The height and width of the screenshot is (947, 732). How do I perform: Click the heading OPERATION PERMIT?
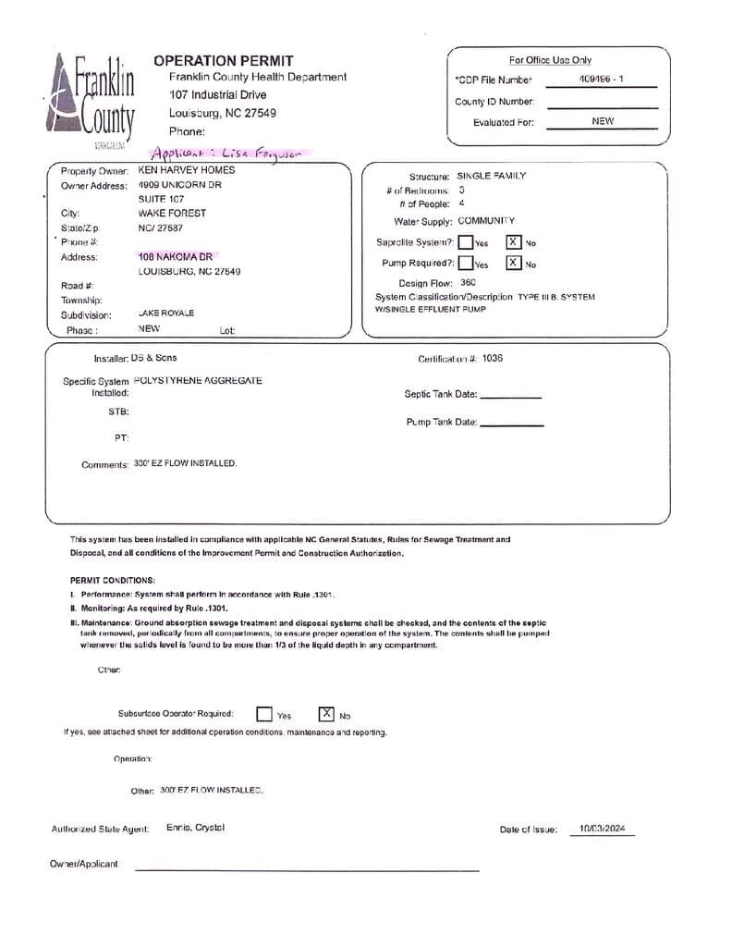223,61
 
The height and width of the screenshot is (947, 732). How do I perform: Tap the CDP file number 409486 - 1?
601,80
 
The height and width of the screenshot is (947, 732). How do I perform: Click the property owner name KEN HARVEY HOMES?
186,170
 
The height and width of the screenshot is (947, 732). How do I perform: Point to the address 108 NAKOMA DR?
175,256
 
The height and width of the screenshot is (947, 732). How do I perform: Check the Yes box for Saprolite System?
466,242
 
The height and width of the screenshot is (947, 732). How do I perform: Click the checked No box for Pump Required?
513,263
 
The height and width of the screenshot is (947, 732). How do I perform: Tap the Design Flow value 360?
468,283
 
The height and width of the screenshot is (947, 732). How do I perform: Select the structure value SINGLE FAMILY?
492,176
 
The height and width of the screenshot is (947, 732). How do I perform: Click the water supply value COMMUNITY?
486,221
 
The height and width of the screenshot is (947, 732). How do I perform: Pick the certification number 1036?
493,358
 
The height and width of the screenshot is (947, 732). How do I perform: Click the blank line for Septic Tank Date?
510,396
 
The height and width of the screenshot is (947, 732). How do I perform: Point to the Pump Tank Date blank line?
512,424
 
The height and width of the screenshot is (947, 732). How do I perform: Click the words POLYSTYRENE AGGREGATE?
198,380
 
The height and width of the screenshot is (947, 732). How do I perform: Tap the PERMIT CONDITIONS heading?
113,580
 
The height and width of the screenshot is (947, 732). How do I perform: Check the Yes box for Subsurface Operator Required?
264,714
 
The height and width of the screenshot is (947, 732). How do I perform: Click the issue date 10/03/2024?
602,829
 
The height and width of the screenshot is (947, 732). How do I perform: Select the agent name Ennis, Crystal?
195,828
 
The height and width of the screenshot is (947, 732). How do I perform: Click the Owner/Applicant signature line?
307,869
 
